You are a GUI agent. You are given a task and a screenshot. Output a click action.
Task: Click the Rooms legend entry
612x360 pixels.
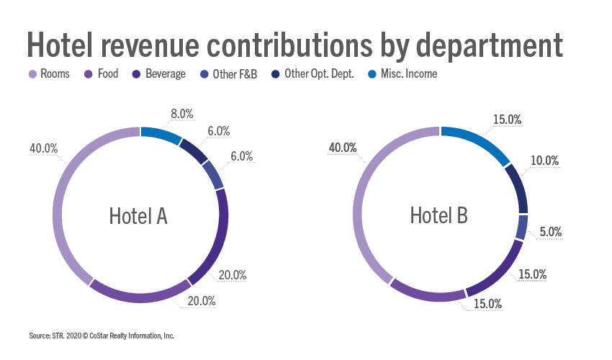(x=49, y=73)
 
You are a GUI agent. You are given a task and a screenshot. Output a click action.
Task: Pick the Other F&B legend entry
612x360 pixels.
(x=227, y=73)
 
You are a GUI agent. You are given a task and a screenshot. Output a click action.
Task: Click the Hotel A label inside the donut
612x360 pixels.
(x=138, y=215)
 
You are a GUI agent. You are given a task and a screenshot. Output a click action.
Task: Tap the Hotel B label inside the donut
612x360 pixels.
(x=439, y=215)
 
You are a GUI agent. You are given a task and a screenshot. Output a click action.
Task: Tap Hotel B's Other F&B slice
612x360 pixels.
(x=523, y=228)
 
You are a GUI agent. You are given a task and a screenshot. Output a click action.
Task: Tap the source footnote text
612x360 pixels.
(x=102, y=336)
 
